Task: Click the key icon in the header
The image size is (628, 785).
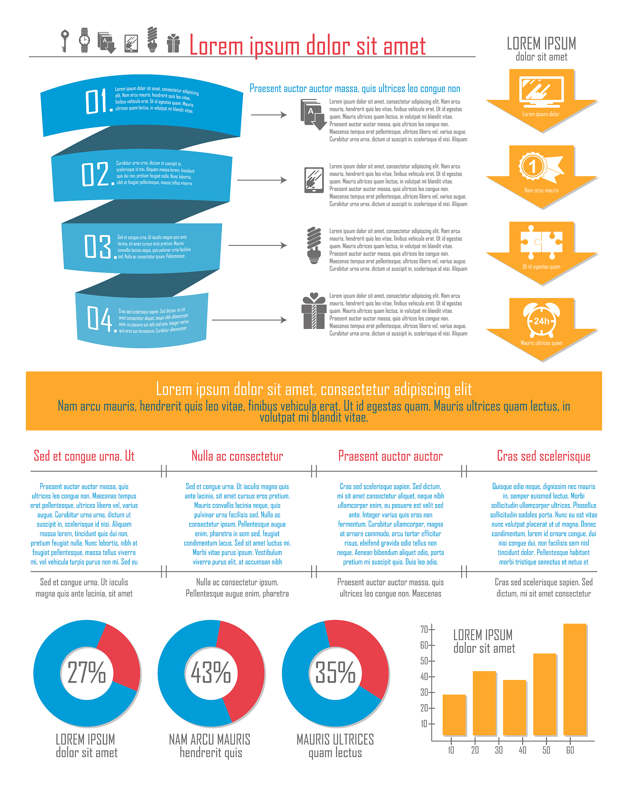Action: coord(65,41)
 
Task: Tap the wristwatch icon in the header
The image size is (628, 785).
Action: coord(84,40)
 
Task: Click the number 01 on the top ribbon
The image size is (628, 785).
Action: coord(98,102)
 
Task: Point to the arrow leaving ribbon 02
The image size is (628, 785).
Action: coord(262,180)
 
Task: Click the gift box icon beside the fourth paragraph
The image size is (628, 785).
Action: coord(314,311)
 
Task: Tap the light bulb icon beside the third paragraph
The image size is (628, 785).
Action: coord(314,245)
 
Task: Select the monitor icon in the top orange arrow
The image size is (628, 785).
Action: coord(541,92)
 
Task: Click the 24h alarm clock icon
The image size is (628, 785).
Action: coord(541,320)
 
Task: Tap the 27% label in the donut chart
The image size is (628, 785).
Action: coord(87,673)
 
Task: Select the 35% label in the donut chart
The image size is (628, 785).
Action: coord(335,673)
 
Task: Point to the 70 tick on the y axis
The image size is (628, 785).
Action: coord(424,629)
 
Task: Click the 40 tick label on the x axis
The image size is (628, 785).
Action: coord(523,750)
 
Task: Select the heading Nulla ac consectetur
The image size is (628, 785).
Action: coord(237,456)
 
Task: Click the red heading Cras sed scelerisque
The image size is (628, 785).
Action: coord(543,456)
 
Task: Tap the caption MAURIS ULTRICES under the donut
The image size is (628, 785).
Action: coord(335,739)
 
